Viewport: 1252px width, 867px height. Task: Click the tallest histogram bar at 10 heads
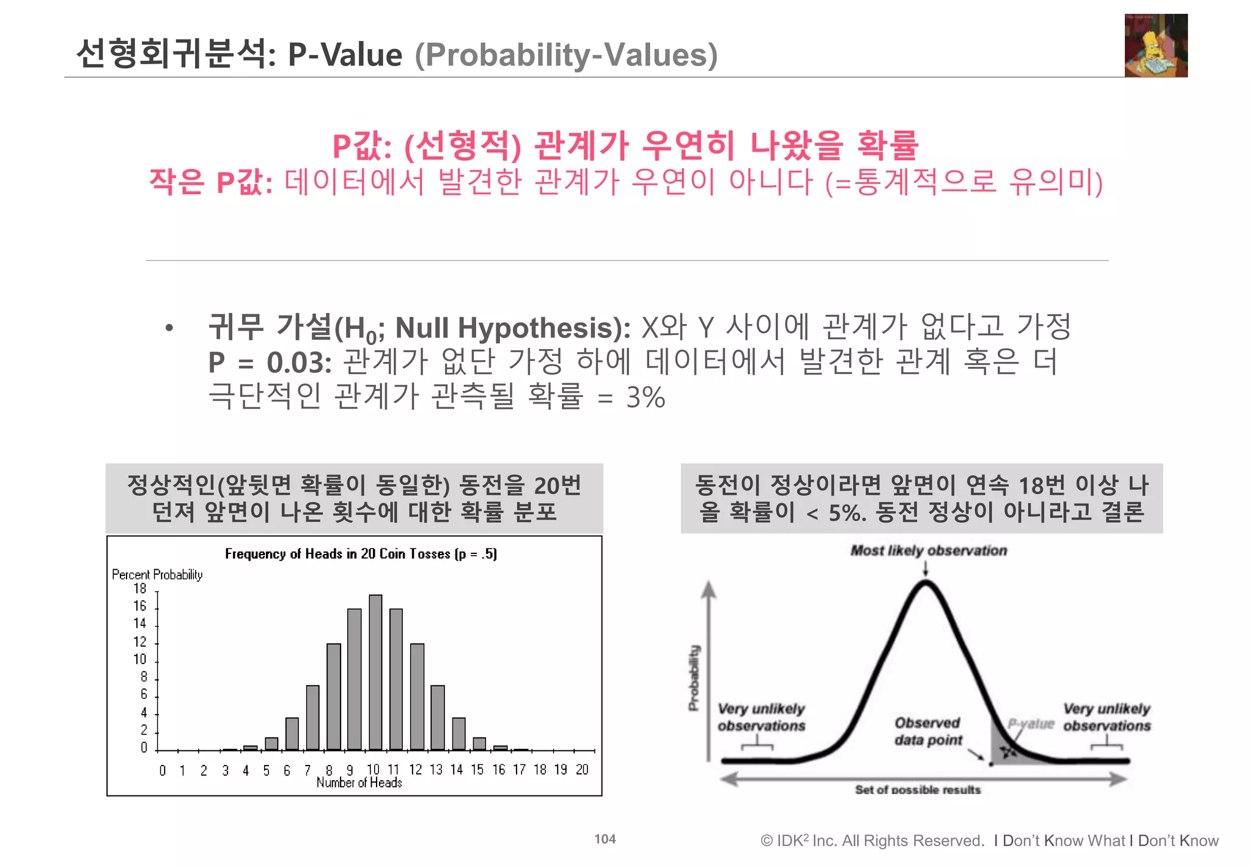375,673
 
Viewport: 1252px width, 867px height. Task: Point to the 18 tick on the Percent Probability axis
140,589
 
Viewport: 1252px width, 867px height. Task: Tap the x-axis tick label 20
582,770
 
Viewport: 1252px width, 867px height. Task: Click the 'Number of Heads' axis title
359,783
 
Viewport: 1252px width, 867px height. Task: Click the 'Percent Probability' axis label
157,575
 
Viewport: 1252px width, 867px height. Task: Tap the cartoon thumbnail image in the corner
1155,46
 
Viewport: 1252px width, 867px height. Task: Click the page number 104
605,839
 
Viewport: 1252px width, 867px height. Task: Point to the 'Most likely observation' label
929,551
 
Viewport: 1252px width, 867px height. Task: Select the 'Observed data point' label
928,731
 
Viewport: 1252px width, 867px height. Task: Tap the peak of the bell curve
926,584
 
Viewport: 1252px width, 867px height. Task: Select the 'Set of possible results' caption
918,790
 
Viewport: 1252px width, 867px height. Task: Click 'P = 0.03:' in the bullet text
270,363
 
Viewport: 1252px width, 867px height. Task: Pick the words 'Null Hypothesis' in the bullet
507,328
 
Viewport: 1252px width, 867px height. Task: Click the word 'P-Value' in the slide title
345,55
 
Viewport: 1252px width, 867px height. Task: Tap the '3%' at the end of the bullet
646,398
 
